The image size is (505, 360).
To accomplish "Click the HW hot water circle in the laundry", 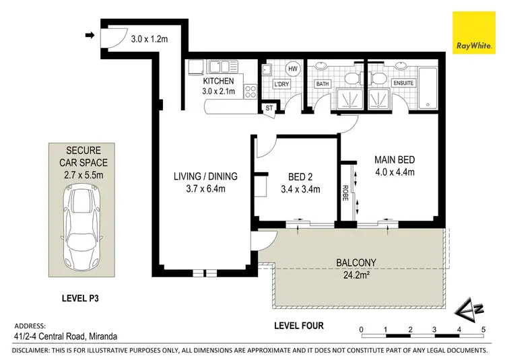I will [293, 69].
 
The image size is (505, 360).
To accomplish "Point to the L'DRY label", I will [281, 85].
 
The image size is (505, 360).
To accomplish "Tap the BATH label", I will [323, 84].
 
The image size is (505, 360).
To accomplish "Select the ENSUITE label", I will [403, 83].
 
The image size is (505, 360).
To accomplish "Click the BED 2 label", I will [294, 178].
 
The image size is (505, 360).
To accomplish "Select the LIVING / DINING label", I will [205, 177].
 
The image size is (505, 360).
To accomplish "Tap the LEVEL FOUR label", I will [299, 326].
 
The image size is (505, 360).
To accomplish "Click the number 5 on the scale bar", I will [483, 329].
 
